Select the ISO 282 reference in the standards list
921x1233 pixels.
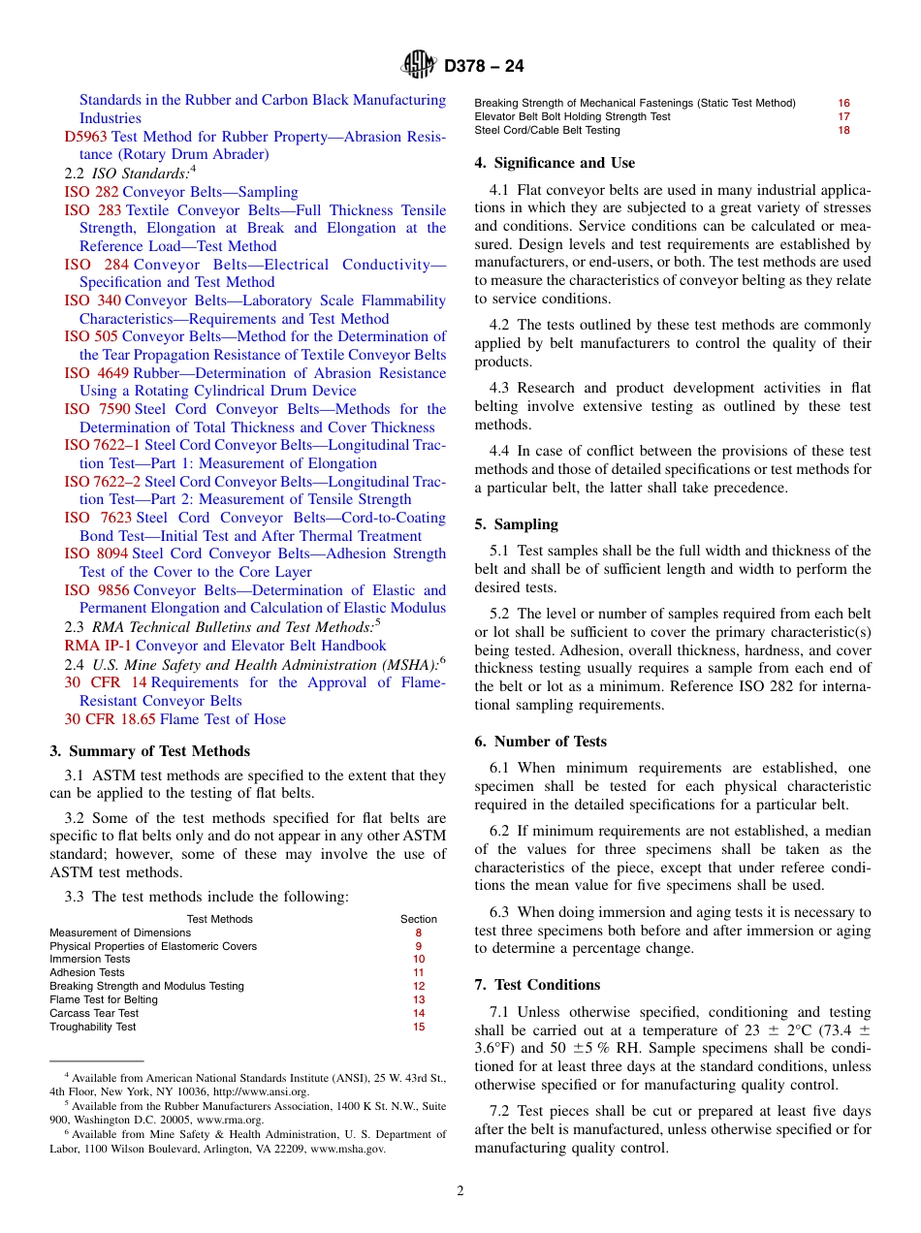(91, 192)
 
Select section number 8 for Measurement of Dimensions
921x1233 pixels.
(418, 933)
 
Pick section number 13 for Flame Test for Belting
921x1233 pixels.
(418, 999)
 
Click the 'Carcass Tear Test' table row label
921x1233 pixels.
(94, 1013)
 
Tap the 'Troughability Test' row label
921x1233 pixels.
(93, 1027)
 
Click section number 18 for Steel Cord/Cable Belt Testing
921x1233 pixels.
(843, 130)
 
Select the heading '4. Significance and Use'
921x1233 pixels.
(555, 163)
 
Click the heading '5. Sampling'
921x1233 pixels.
(516, 524)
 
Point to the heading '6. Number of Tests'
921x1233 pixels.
(540, 742)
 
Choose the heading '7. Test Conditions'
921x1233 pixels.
(537, 985)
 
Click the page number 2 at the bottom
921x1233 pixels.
(460, 1191)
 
